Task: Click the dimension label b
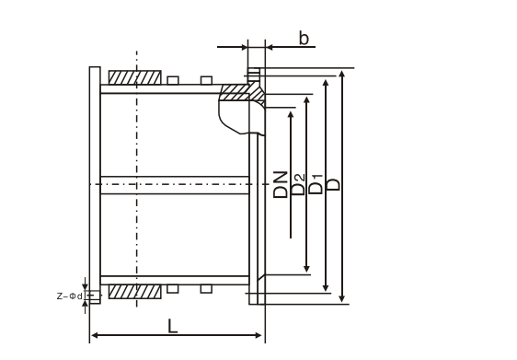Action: click(304, 38)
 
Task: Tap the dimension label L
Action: click(172, 326)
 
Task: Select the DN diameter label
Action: click(281, 184)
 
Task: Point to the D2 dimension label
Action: click(298, 184)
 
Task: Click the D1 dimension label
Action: click(316, 184)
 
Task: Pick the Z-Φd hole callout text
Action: click(70, 296)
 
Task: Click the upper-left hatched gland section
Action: click(135, 77)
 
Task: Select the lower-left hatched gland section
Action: click(135, 292)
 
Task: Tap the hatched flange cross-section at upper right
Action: click(243, 93)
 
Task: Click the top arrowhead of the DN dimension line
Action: click(291, 114)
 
